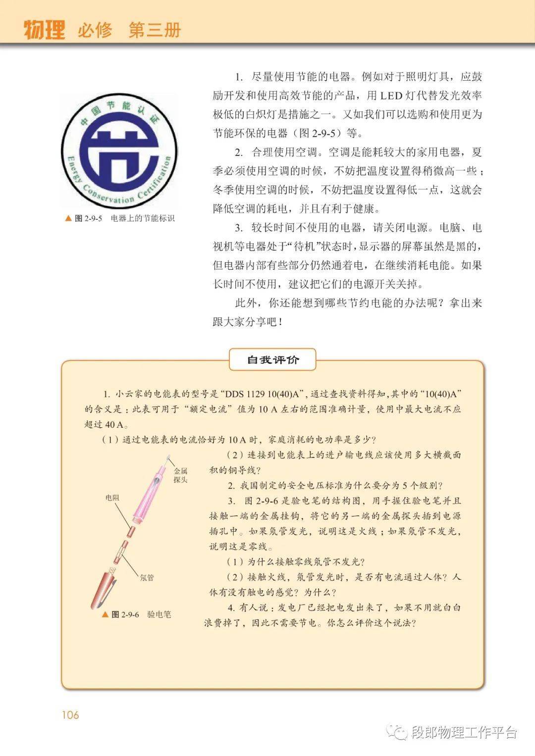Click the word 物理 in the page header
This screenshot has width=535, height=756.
click(x=45, y=30)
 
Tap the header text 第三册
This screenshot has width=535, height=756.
click(x=155, y=30)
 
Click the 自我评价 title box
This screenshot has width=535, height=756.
click(x=273, y=360)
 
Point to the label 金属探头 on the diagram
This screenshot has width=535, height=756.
click(x=180, y=475)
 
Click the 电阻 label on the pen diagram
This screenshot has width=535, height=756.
click(x=112, y=498)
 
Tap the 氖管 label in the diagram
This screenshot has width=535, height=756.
click(x=147, y=577)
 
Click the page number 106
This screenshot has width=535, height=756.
click(x=70, y=715)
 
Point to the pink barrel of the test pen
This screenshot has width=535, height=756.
click(x=149, y=495)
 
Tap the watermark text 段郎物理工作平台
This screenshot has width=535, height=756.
click(x=464, y=732)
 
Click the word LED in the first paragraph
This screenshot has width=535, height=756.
click(x=391, y=96)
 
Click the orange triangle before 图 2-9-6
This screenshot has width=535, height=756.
click(x=105, y=614)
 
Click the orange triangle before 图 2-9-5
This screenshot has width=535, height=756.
click(x=68, y=218)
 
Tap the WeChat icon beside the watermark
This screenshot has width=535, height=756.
click(x=397, y=731)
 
